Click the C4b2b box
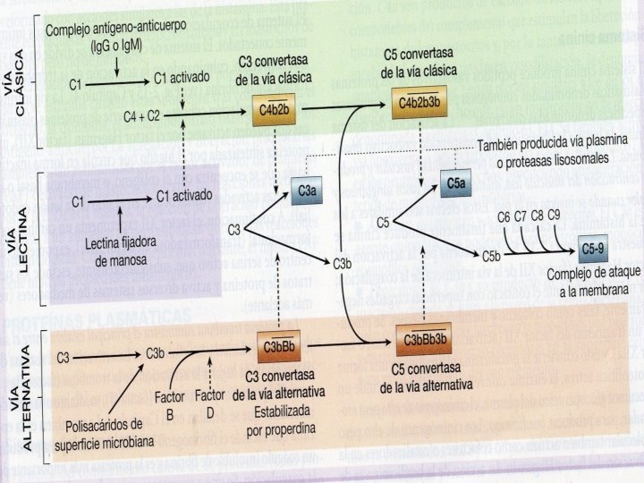point(273,110)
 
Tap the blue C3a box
point(307,191)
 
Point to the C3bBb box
point(280,345)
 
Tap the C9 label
point(555,216)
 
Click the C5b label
point(491,257)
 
